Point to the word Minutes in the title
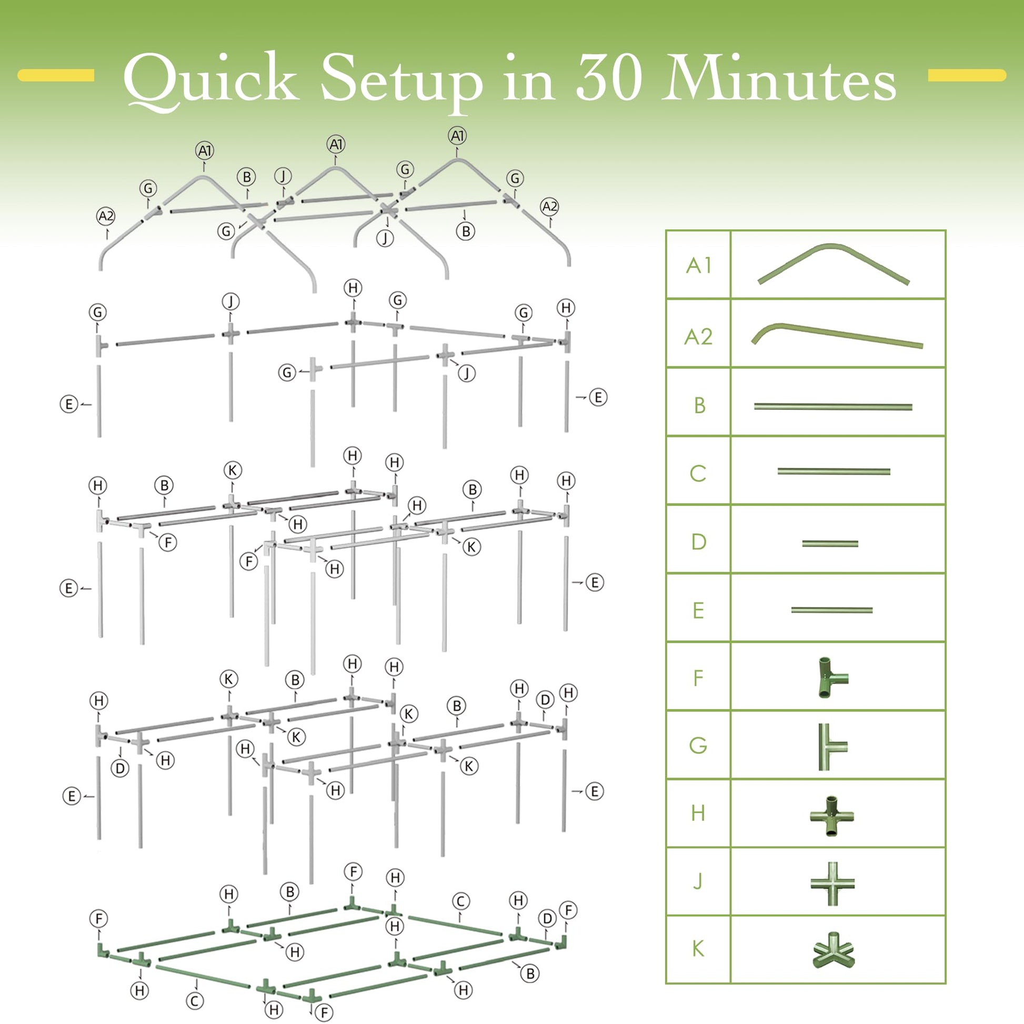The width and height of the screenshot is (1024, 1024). tap(779, 77)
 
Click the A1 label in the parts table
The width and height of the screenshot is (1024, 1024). tap(699, 266)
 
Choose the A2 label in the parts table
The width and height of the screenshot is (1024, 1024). tap(699, 337)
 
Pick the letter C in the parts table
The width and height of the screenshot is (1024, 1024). tap(698, 473)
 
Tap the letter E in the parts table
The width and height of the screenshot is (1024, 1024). tap(699, 610)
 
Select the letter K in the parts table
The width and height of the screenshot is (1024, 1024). tap(699, 949)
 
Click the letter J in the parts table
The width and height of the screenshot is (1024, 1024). tap(698, 881)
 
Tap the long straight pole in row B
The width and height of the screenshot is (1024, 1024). tap(833, 407)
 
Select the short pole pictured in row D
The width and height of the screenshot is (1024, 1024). tap(830, 543)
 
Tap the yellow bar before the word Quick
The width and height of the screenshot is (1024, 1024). tap(56, 75)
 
